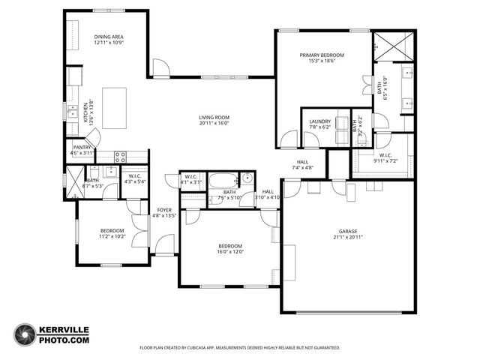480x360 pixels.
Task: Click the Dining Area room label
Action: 109,37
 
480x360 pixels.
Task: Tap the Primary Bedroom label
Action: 322,55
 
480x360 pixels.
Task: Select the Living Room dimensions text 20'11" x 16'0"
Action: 214,124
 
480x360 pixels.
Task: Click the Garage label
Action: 348,232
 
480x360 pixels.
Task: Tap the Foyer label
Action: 163,210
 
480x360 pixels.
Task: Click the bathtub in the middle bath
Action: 221,181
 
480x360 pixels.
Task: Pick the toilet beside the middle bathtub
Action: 247,179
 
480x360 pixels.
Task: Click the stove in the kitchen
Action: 119,157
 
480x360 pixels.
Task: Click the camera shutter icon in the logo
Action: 25,334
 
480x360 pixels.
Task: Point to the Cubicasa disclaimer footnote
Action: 240,348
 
